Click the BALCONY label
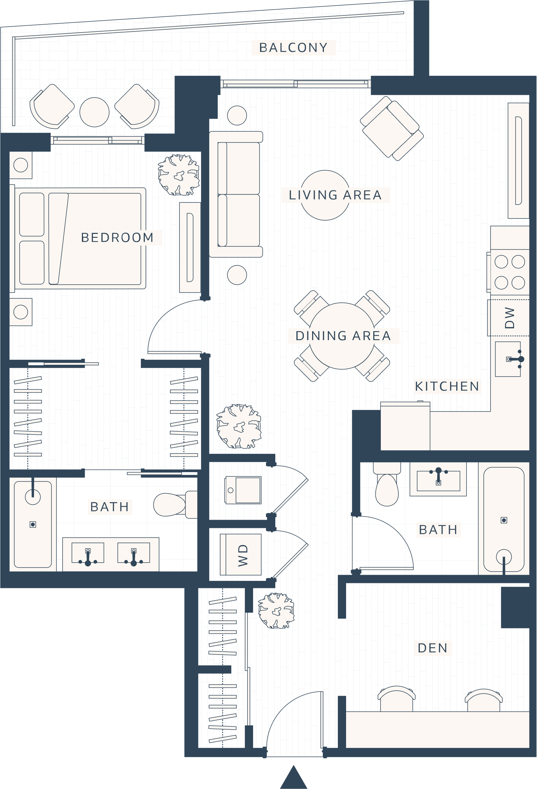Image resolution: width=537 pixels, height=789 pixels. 294,48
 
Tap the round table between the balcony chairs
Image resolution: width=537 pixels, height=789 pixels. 94,112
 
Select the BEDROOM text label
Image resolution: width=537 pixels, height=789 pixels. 117,237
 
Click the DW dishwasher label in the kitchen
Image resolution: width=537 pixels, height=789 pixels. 509,318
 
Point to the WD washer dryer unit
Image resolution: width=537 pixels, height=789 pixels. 241,555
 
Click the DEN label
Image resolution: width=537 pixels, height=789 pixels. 433,648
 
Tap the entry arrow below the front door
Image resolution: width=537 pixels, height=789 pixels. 294,778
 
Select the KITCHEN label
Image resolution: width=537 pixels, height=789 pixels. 447,386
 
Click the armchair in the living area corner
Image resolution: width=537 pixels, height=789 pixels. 392,128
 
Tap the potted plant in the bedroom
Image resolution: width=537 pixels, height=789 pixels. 179,175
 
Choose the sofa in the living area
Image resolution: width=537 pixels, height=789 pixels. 236,194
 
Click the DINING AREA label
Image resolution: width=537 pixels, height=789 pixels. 343,336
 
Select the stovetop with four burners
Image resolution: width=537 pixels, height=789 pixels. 509,272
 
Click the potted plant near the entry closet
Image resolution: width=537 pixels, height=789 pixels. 276,611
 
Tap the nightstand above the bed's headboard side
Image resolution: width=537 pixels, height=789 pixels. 21,165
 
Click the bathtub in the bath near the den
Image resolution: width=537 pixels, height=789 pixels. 504,519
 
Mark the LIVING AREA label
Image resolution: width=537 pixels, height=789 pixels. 335,195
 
